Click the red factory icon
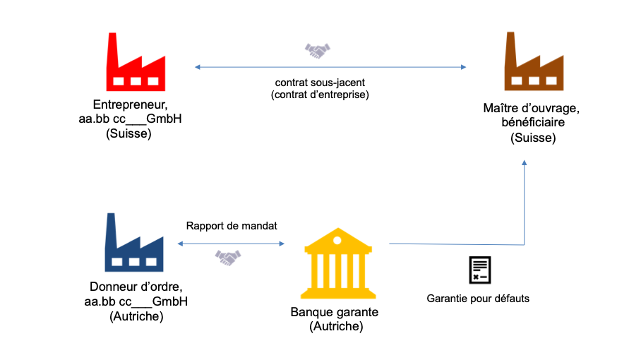tap(136, 61)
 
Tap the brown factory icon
tap(534, 61)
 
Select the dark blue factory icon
tap(134, 242)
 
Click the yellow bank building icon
tap(337, 263)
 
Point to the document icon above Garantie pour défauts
tap(480, 270)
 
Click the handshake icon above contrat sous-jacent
tap(318, 51)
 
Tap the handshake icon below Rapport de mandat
tap(228, 258)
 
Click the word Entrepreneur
tap(131, 104)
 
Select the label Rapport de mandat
tap(232, 226)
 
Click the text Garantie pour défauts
tap(478, 299)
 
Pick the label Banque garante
tap(335, 312)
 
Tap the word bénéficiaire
tap(533, 122)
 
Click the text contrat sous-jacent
tap(320, 83)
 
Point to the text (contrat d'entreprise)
tap(320, 95)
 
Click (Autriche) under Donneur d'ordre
tap(136, 316)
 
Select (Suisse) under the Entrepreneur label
tap(128, 133)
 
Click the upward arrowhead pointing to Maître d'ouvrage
tap(524, 162)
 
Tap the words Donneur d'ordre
tap(136, 287)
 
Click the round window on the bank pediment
tap(337, 240)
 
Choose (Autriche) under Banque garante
tap(336, 327)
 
